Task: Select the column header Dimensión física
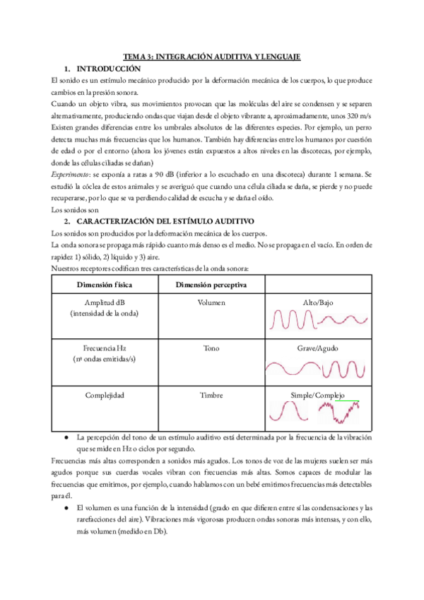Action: pyautogui.click(x=103, y=284)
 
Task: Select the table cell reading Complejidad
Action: pyautogui.click(x=103, y=395)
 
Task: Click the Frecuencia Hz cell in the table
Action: pyautogui.click(x=103, y=349)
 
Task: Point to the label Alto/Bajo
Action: pyautogui.click(x=318, y=302)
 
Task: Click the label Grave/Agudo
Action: pyautogui.click(x=318, y=349)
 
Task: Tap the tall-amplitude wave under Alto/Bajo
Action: pyautogui.click(x=290, y=320)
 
